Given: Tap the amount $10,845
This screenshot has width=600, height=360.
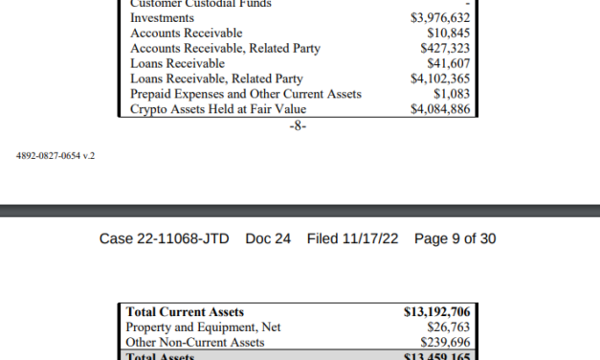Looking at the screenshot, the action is [448, 34].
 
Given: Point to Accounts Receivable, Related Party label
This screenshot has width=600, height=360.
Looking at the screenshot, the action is [225, 49].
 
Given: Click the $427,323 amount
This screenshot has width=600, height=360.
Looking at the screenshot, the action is [444, 49].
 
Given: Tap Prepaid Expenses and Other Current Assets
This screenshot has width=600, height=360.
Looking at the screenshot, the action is [247, 95].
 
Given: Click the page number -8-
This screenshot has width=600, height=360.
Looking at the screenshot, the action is [298, 125].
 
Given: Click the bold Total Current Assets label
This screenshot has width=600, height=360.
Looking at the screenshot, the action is [187, 312].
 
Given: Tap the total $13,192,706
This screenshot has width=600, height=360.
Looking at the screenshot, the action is [435, 312].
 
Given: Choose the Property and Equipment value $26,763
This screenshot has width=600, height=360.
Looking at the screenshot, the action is [447, 327].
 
